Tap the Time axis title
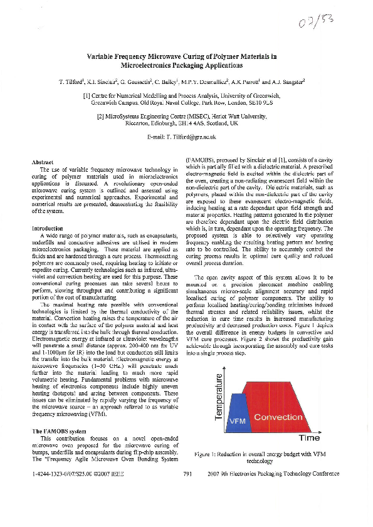pyautogui.click(x=310, y=438)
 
